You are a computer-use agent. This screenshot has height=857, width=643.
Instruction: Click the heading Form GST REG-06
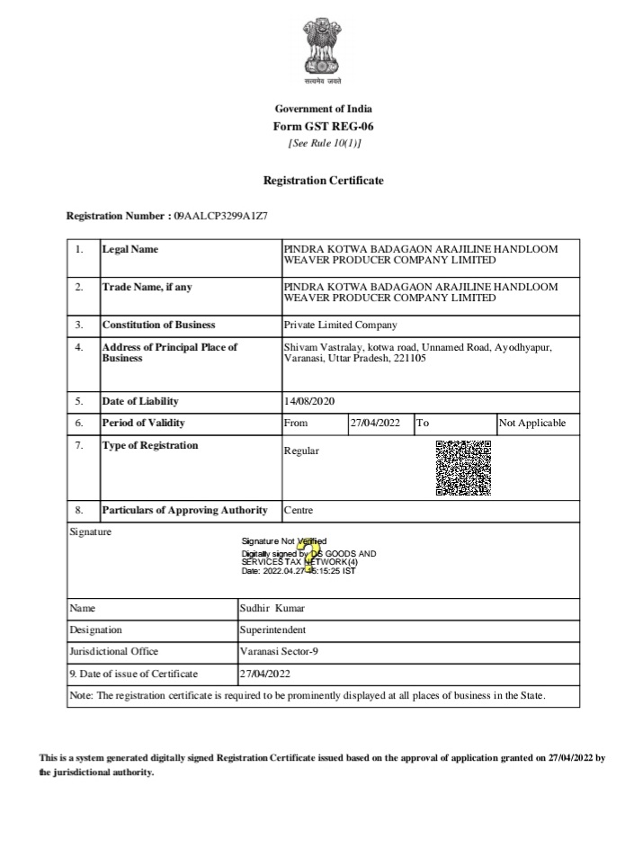(x=323, y=126)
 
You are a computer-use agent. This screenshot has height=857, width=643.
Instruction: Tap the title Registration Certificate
(x=323, y=181)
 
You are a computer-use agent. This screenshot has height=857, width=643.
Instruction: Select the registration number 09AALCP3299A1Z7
(x=220, y=217)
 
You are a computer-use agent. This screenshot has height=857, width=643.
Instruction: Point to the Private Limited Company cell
(x=340, y=326)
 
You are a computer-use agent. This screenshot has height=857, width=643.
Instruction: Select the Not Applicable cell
(x=532, y=424)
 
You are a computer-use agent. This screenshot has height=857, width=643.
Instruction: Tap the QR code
(x=463, y=468)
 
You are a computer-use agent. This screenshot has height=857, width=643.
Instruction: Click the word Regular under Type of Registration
(x=301, y=451)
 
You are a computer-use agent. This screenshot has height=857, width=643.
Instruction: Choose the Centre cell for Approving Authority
(x=299, y=511)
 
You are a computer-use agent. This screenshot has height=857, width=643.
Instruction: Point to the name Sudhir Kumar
(x=272, y=608)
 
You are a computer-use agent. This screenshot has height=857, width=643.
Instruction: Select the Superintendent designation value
(x=272, y=629)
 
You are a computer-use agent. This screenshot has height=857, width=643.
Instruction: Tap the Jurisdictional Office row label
(x=113, y=651)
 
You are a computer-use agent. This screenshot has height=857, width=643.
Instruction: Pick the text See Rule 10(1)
(x=323, y=143)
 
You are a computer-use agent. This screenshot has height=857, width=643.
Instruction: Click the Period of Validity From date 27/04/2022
(x=375, y=424)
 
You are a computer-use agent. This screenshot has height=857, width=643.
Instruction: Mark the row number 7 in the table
(x=80, y=445)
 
